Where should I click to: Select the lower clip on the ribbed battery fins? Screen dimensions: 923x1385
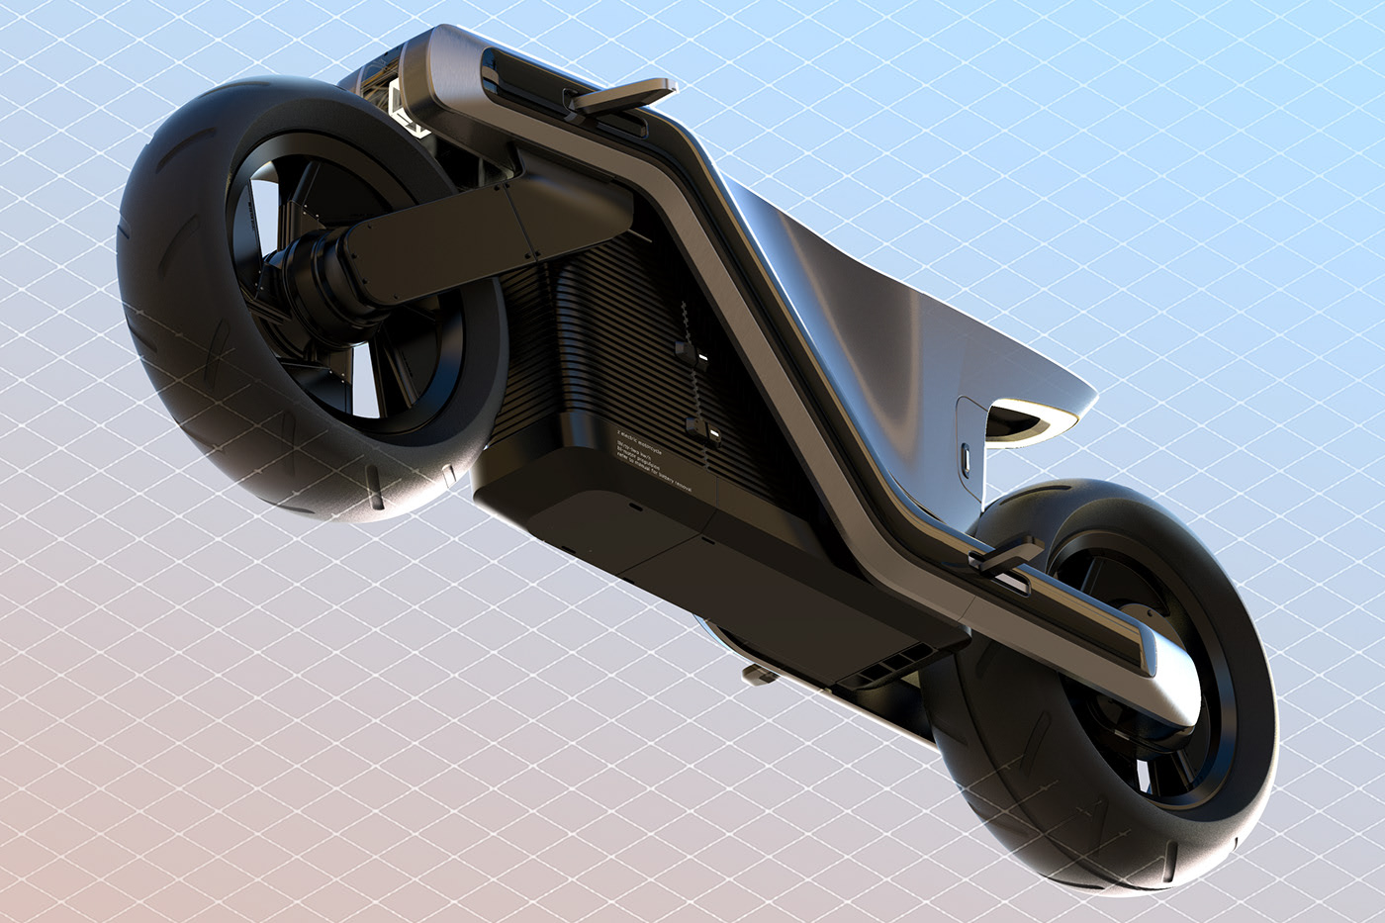click(699, 428)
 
